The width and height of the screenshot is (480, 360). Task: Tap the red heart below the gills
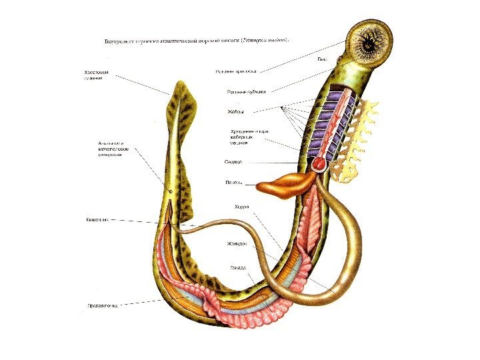pyautogui.click(x=321, y=163)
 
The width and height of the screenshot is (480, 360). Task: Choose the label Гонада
pyautogui.click(x=238, y=268)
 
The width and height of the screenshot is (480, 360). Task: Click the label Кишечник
pyautogui.click(x=97, y=219)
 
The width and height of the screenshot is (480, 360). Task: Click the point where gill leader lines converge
pyautogui.click(x=283, y=107)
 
